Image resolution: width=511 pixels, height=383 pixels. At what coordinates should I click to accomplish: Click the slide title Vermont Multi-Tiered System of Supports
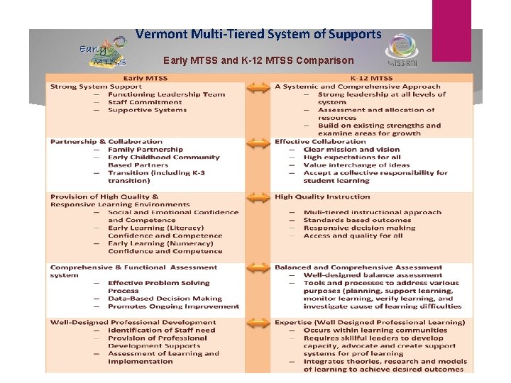(258, 34)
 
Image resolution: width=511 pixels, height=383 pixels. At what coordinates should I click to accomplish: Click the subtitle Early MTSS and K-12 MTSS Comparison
(258, 61)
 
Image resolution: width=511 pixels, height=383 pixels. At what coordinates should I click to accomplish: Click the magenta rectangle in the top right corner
(451, 30)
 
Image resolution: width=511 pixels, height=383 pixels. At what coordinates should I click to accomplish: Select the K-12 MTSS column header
(371, 78)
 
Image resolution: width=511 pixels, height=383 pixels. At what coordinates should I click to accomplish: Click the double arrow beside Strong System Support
(255, 87)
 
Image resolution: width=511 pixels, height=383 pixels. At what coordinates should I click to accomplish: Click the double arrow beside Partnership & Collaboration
(255, 142)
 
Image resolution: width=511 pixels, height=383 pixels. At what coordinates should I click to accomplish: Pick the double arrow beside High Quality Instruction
(255, 197)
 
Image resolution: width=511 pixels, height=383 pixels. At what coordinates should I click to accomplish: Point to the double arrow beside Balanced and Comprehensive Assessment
(255, 267)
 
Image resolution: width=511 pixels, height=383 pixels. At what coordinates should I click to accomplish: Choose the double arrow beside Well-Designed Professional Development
(255, 323)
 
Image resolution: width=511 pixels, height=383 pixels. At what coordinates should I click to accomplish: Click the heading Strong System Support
(96, 87)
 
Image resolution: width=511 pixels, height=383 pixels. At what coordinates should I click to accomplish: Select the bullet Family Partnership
(145, 150)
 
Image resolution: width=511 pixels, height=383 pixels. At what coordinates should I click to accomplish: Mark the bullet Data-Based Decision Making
(165, 299)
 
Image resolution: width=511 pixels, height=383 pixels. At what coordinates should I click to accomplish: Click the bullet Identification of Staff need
(161, 330)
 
